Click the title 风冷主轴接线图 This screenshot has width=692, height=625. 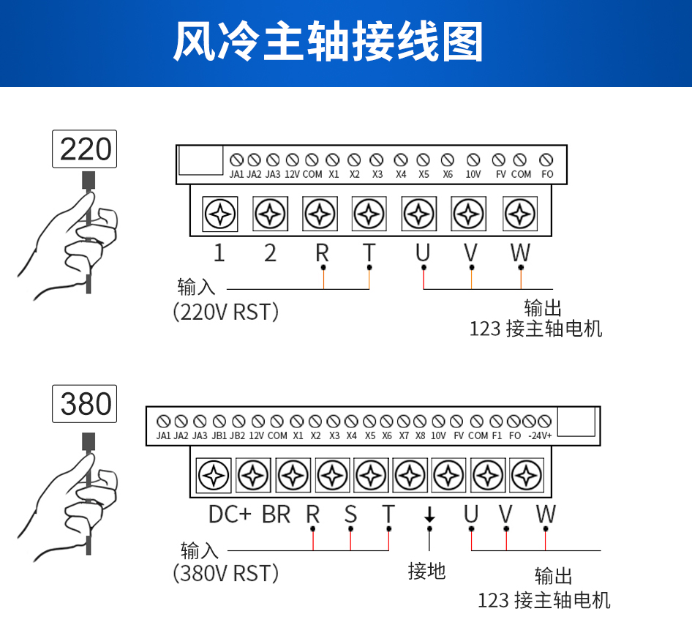point(328,42)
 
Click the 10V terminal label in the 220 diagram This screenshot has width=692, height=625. point(473,174)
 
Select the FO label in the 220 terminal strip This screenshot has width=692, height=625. point(547,174)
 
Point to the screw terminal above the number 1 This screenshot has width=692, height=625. point(219,214)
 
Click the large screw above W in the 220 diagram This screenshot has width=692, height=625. point(520,214)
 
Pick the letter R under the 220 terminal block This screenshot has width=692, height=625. point(322,253)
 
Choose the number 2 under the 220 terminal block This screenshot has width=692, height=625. point(271,253)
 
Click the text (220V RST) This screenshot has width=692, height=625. point(226,312)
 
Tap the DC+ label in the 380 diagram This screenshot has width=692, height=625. point(230,514)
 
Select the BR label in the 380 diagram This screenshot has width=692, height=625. point(277,514)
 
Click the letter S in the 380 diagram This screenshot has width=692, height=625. point(350,514)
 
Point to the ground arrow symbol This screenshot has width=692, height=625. point(429,515)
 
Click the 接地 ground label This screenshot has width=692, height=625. point(427,570)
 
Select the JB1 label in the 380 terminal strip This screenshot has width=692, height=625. point(219,435)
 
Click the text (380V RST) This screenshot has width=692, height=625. point(226,572)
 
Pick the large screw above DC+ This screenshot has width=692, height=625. point(214,476)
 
